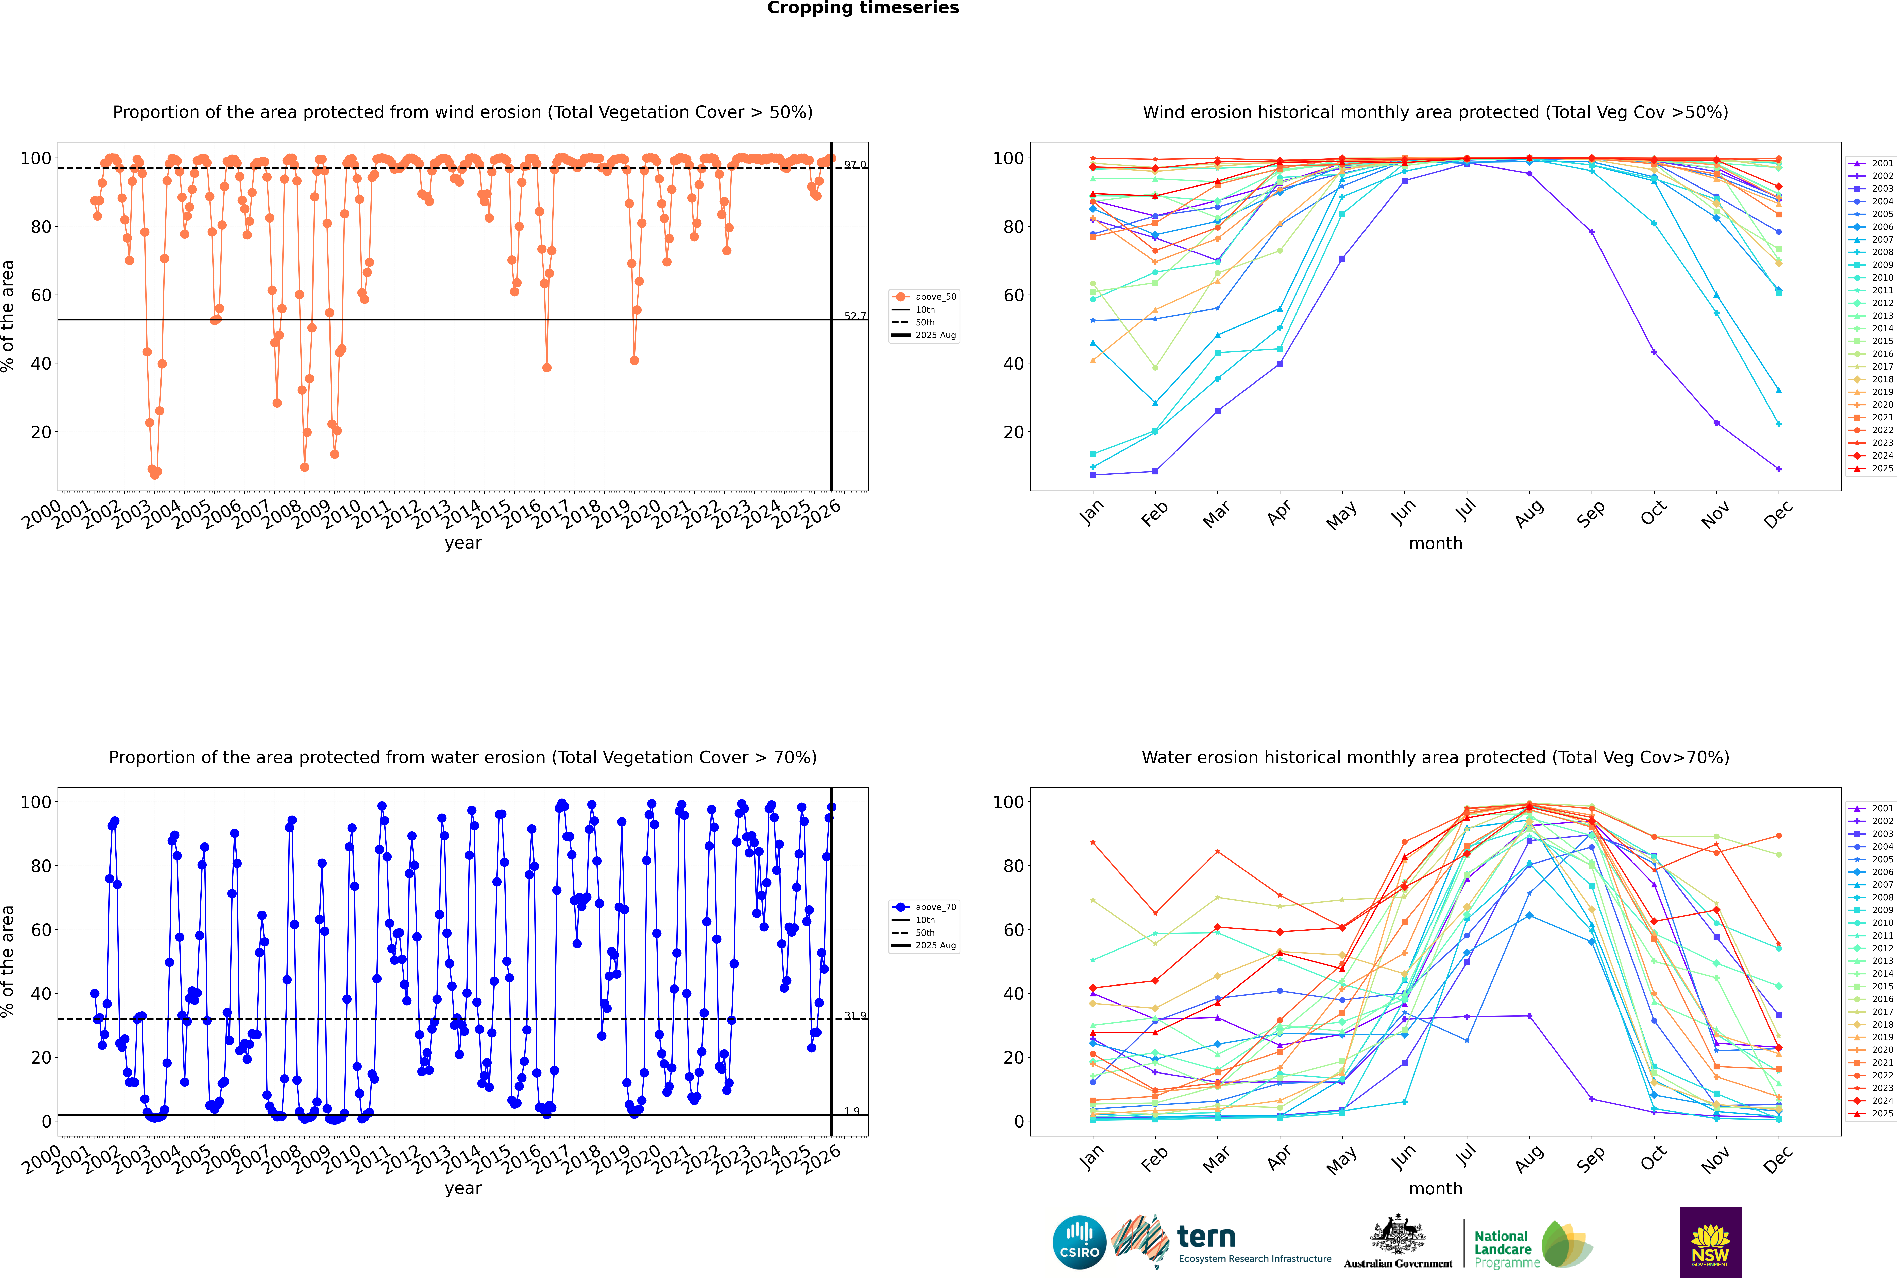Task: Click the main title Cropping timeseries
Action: click(863, 8)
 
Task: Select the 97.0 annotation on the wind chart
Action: click(855, 165)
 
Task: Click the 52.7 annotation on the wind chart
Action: click(855, 316)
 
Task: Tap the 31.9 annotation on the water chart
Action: click(855, 1016)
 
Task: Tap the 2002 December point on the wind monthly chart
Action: click(1779, 469)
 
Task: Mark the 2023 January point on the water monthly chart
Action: click(1093, 843)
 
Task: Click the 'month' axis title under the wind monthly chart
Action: click(1435, 544)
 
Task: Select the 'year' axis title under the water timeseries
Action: click(462, 1188)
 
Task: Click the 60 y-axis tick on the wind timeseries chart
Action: click(41, 295)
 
